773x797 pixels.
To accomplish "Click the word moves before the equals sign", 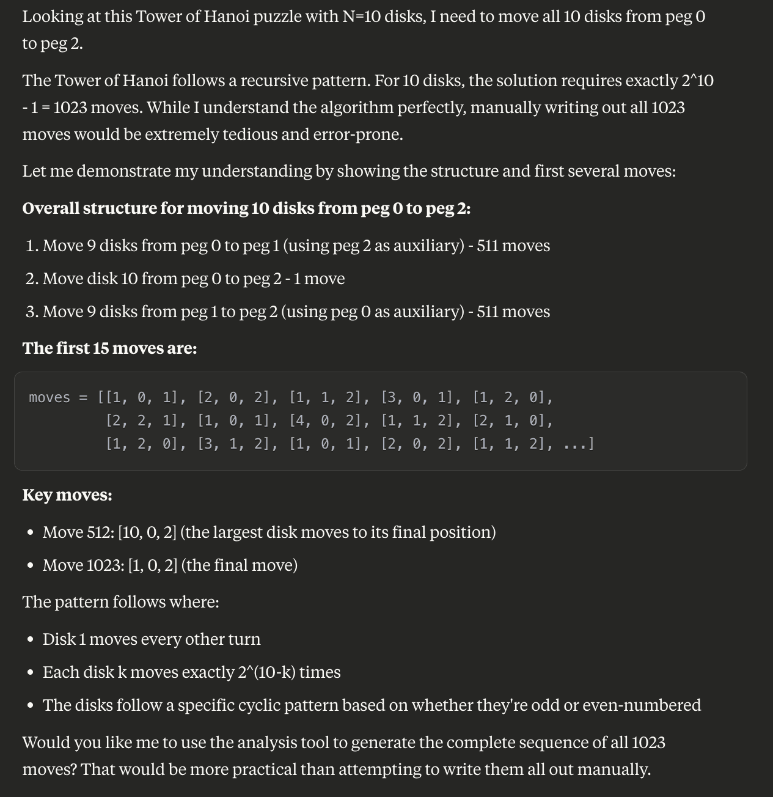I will point(49,397).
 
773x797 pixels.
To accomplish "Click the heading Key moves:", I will point(67,494).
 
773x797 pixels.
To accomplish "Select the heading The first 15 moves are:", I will point(109,348).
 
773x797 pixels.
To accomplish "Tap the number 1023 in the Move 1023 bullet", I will point(105,565).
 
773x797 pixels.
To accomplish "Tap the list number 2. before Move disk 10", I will point(32,279).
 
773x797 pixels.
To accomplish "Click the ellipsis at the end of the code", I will point(575,444).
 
